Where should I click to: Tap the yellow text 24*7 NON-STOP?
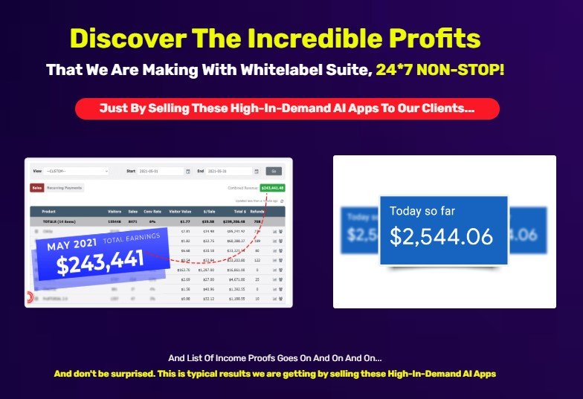pyautogui.click(x=439, y=70)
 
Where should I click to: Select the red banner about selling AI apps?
pyautogui.click(x=287, y=108)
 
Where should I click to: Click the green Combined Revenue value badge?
pyautogui.click(x=272, y=188)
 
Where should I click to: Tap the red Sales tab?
pyautogui.click(x=36, y=188)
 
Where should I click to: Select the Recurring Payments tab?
pyautogui.click(x=65, y=188)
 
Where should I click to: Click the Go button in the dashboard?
pyautogui.click(x=274, y=171)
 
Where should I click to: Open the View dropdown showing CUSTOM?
pyautogui.click(x=77, y=171)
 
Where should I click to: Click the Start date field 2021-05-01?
pyautogui.click(x=160, y=171)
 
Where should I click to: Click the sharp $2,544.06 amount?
pyautogui.click(x=441, y=236)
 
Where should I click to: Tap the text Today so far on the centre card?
pyautogui.click(x=422, y=211)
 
